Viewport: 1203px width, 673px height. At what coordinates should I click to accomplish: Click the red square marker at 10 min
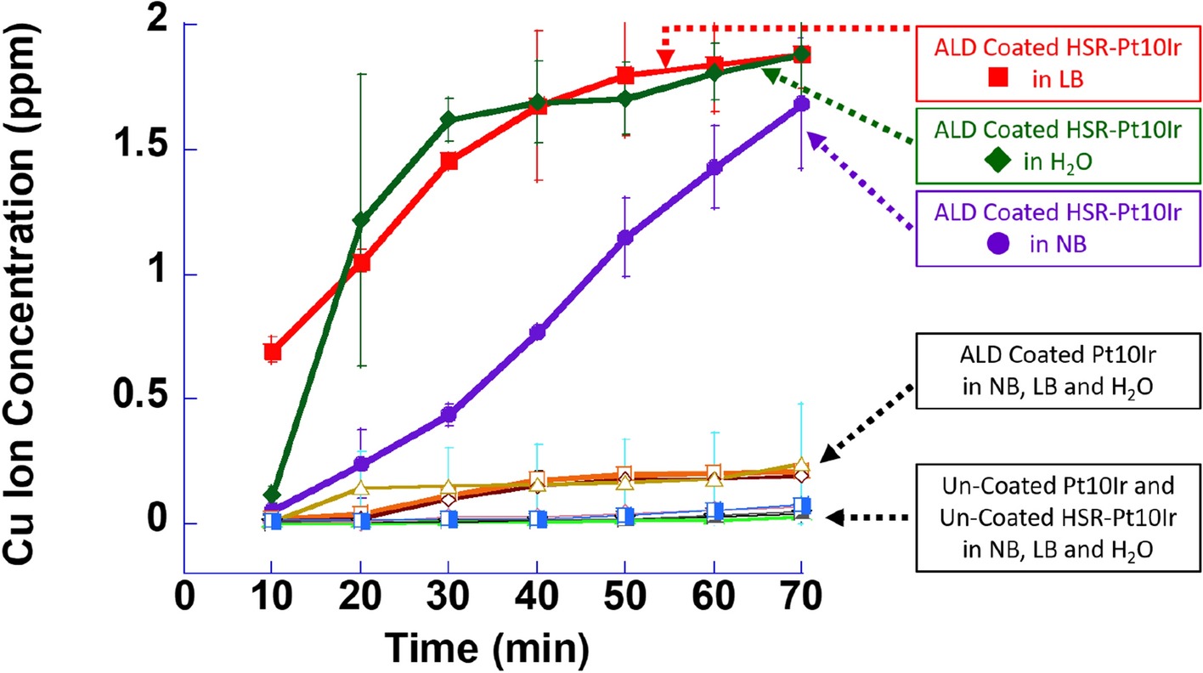pyautogui.click(x=272, y=352)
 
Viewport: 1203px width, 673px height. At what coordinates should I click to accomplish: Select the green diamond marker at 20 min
pyautogui.click(x=361, y=221)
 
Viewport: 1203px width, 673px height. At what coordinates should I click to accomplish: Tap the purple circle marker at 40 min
pyautogui.click(x=537, y=332)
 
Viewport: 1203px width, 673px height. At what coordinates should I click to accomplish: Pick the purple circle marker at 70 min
pyautogui.click(x=801, y=104)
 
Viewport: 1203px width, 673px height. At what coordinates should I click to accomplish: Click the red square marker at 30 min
pyautogui.click(x=449, y=161)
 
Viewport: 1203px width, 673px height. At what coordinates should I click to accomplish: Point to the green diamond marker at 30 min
pyautogui.click(x=449, y=120)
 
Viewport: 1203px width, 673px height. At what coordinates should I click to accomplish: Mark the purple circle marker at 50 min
pyautogui.click(x=625, y=238)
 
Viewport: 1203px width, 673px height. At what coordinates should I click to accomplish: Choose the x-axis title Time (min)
pyautogui.click(x=487, y=648)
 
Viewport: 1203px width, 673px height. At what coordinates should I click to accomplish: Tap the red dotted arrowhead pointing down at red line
pyautogui.click(x=665, y=59)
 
